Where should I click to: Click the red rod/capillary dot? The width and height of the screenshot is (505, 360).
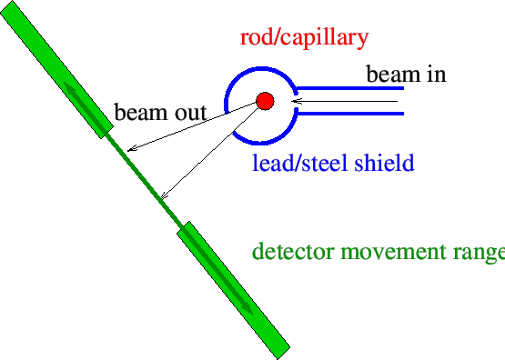click(265, 101)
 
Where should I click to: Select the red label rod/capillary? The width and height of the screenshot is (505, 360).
click(304, 38)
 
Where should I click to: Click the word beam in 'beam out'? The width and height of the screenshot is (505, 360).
click(136, 113)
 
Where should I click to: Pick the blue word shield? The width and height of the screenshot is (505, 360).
click(380, 164)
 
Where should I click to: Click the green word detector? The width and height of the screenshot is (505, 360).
click(289, 251)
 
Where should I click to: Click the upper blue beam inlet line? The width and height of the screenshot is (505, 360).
click(349, 88)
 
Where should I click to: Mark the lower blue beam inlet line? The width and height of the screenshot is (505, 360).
click(349, 114)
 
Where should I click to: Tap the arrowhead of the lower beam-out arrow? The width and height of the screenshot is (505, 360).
click(164, 195)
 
